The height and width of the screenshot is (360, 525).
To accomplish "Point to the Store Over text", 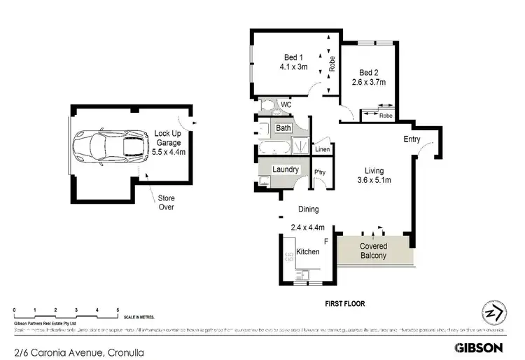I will click(x=165, y=202).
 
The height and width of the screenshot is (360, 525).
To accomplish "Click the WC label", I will click(x=285, y=105).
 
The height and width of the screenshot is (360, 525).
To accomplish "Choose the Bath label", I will click(x=283, y=128).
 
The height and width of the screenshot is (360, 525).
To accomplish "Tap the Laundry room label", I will click(x=286, y=169).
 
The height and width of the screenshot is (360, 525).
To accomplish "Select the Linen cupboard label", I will click(x=322, y=149).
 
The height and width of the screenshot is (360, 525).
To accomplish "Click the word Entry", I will click(x=412, y=139).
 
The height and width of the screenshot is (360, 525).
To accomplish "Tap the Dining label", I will click(x=308, y=209).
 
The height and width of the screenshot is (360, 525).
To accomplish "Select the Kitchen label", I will click(x=308, y=251).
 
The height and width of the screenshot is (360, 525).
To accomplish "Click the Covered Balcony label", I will click(x=373, y=251).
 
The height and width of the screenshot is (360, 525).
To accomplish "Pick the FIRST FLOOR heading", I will click(x=344, y=303).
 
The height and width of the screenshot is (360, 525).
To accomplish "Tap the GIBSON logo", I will click(x=479, y=347).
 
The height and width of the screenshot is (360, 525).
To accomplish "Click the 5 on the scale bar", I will click(x=118, y=309).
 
